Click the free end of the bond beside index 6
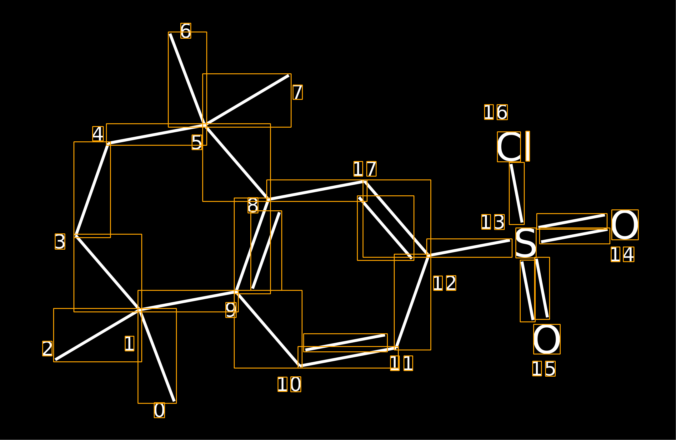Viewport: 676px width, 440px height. click(x=170, y=34)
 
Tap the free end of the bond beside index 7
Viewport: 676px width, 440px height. click(x=289, y=75)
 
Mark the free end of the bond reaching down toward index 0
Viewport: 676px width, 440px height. click(x=174, y=401)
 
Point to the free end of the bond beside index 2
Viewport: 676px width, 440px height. click(x=55, y=360)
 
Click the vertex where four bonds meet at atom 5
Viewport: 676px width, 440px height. click(x=205, y=125)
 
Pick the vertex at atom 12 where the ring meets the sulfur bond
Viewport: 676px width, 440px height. click(x=429, y=256)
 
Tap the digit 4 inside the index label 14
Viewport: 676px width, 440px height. click(x=628, y=254)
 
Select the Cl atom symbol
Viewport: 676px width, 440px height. click(x=513, y=146)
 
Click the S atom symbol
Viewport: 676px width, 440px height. click(x=526, y=243)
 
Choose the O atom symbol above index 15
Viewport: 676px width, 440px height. click(x=547, y=339)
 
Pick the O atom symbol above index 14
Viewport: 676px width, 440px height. click(x=625, y=225)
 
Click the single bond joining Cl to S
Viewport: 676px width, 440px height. click(x=517, y=193)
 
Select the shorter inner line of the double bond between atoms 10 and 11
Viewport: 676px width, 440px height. click(x=345, y=343)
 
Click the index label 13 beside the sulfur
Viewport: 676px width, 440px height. click(x=493, y=222)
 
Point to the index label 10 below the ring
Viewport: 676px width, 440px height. click(x=289, y=384)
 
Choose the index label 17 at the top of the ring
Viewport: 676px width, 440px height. click(x=365, y=169)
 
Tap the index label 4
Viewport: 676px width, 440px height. click(x=98, y=134)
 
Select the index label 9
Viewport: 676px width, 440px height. click(x=231, y=310)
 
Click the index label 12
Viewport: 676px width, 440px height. click(x=444, y=283)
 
